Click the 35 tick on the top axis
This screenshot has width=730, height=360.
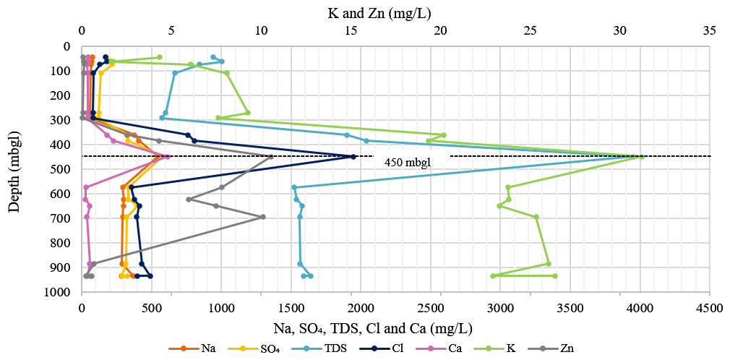click(x=709, y=31)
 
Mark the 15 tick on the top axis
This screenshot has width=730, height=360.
click(x=351, y=31)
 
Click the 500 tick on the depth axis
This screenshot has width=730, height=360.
click(x=64, y=169)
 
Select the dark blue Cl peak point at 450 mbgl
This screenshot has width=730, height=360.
click(x=353, y=157)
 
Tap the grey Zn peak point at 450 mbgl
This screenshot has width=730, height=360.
click(x=271, y=157)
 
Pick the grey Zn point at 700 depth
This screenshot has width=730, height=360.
click(x=263, y=217)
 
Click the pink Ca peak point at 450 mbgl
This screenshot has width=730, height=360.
click(x=167, y=157)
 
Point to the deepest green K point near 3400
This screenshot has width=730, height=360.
click(x=555, y=276)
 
